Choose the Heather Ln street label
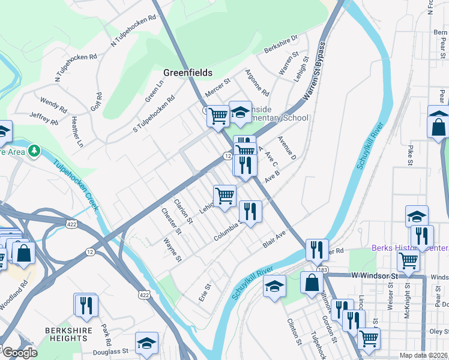(x=76, y=133)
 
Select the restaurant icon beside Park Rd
(x=86, y=305)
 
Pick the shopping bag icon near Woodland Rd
(x=23, y=252)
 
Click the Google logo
(x=19, y=353)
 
